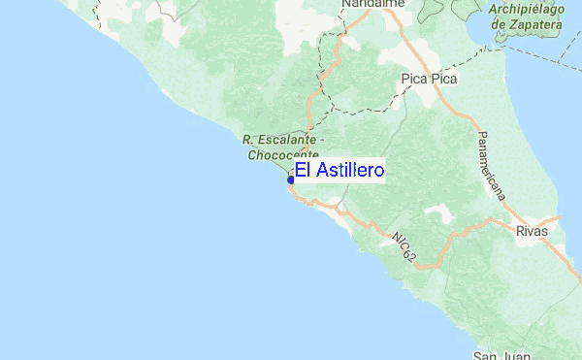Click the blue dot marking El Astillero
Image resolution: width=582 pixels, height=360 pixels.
(x=291, y=180)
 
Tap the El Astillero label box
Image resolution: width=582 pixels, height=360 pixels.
(x=339, y=171)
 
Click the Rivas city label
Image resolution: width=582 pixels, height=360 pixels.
(x=532, y=231)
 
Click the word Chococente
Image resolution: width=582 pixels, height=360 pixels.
(x=281, y=154)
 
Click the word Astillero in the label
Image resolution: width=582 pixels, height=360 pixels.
(x=347, y=171)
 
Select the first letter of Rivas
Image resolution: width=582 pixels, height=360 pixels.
(x=521, y=231)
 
